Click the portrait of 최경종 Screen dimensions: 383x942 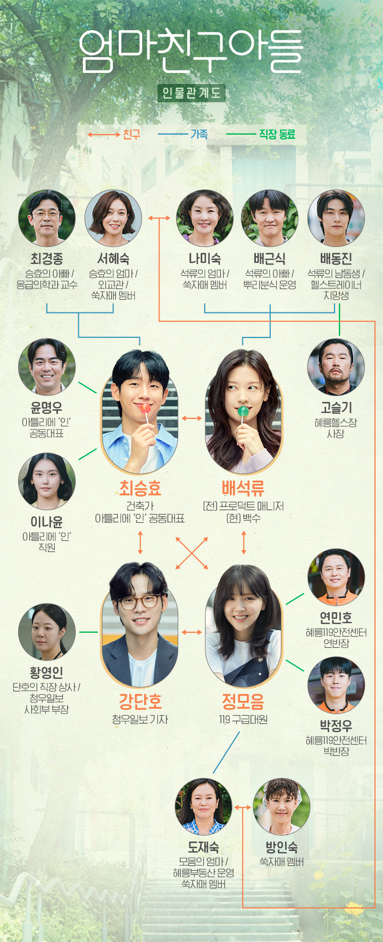pyautogui.click(x=47, y=218)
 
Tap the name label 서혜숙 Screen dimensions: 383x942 pyautogui.click(x=113, y=259)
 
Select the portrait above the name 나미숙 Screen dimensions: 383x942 pyautogui.click(x=205, y=218)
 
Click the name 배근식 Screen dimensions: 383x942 pyautogui.click(x=270, y=259)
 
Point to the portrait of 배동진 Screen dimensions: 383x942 pyautogui.click(x=336, y=218)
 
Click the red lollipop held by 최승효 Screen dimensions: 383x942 pyautogui.click(x=145, y=408)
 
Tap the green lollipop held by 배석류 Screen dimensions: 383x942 pyautogui.click(x=243, y=411)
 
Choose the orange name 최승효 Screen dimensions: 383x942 pyautogui.click(x=140, y=488)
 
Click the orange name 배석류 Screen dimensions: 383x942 pyautogui.click(x=243, y=488)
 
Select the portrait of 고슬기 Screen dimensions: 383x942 pyautogui.click(x=336, y=367)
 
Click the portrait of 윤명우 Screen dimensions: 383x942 pyautogui.click(x=47, y=367)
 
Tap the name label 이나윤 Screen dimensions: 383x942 pyautogui.click(x=47, y=522)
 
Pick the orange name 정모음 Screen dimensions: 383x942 pyautogui.click(x=243, y=701)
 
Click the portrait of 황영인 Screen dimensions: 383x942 pyautogui.click(x=47, y=632)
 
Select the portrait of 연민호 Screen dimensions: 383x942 pyautogui.click(x=336, y=577)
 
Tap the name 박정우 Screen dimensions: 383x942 pyautogui.click(x=336, y=725)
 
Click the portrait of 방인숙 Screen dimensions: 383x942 pyautogui.click(x=281, y=807)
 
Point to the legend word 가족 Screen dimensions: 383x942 pyautogui.click(x=199, y=134)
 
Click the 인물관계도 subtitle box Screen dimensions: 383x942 pyautogui.click(x=191, y=93)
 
